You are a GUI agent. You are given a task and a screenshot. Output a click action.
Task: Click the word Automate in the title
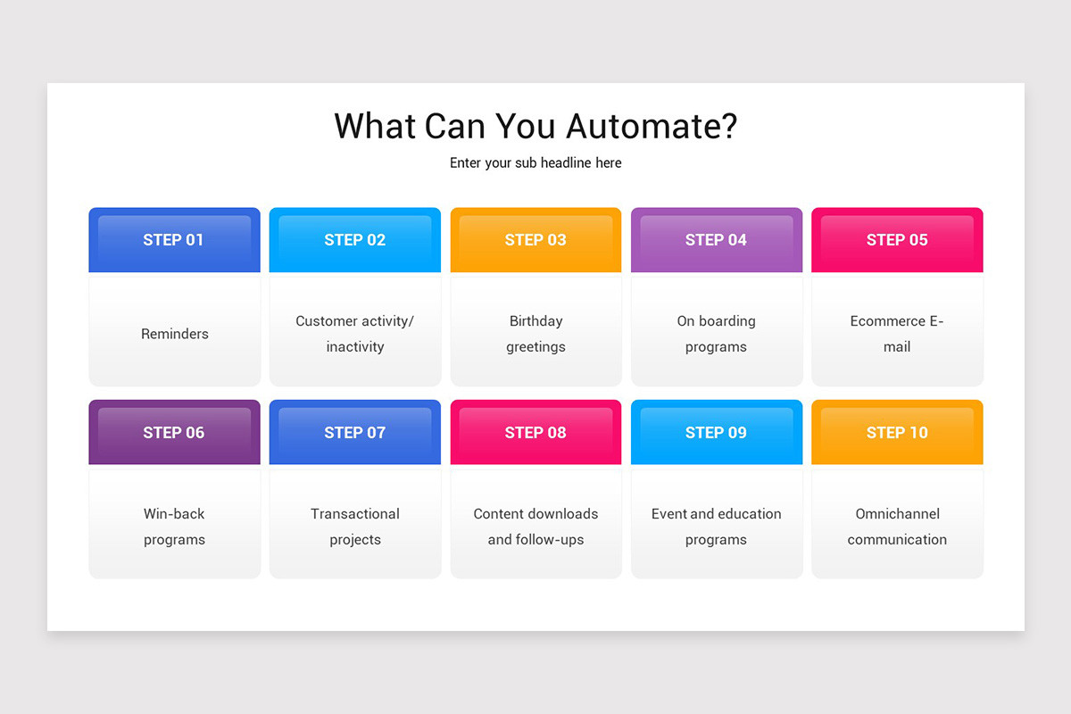click(x=652, y=126)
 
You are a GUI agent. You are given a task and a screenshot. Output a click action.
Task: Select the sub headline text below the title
click(x=535, y=163)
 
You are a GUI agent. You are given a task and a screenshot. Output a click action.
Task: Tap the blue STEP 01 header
click(x=174, y=240)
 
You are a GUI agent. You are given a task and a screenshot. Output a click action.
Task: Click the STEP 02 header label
click(x=355, y=240)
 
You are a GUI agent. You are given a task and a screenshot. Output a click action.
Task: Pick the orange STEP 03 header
click(x=535, y=240)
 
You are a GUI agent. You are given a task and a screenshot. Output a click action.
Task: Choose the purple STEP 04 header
click(x=716, y=240)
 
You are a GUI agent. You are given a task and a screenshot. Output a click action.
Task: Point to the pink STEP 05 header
click(x=897, y=240)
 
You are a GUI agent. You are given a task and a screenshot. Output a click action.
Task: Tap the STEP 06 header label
click(x=174, y=433)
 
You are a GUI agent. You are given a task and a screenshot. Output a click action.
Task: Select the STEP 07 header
click(x=355, y=433)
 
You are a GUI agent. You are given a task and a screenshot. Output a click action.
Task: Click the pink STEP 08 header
click(x=535, y=433)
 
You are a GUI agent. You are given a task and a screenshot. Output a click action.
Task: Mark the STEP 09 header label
click(x=716, y=433)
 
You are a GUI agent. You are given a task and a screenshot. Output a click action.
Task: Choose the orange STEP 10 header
click(x=897, y=433)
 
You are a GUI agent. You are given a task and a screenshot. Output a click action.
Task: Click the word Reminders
click(x=175, y=334)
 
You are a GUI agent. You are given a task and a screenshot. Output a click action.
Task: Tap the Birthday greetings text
click(x=535, y=334)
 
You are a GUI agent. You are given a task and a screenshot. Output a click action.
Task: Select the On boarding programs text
click(x=716, y=334)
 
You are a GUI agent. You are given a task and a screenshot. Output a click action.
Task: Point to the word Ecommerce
click(x=888, y=321)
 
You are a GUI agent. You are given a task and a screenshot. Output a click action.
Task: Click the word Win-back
click(x=174, y=514)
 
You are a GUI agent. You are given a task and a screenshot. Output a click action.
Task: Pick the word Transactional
click(x=355, y=514)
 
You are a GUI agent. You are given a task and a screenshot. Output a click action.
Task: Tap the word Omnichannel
click(x=897, y=514)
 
